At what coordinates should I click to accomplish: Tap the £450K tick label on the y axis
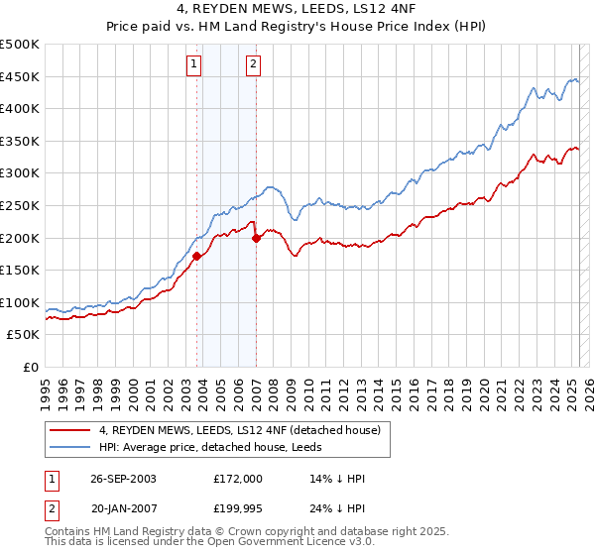pyautogui.click(x=20, y=76)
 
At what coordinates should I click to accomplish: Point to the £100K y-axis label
pyautogui.click(x=20, y=302)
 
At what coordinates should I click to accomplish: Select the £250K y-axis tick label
pyautogui.click(x=20, y=205)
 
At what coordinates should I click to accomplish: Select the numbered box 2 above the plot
pyautogui.click(x=254, y=65)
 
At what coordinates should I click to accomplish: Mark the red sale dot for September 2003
pyautogui.click(x=196, y=256)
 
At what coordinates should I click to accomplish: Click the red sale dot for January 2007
pyautogui.click(x=256, y=238)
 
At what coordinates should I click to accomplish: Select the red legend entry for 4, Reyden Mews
pyautogui.click(x=246, y=430)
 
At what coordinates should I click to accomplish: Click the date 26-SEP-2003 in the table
pyautogui.click(x=123, y=479)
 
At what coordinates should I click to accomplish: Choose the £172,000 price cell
pyautogui.click(x=237, y=479)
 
